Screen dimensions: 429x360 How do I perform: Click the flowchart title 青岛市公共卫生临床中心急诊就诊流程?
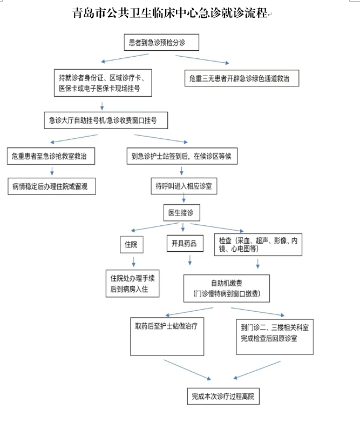(x=170, y=14)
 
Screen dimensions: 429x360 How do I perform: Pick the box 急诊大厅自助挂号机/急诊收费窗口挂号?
(x=106, y=120)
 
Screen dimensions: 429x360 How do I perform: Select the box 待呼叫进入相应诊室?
(x=184, y=186)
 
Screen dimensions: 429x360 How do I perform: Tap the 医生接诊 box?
(x=181, y=213)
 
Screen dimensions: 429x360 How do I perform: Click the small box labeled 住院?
(x=131, y=244)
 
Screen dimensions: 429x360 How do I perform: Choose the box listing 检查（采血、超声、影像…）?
(x=257, y=244)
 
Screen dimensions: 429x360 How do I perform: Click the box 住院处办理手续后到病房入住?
(x=133, y=284)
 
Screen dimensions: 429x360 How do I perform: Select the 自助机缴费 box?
(x=226, y=288)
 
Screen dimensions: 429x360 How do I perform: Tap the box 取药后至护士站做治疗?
(x=162, y=335)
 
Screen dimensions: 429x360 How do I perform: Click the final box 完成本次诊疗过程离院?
(x=222, y=396)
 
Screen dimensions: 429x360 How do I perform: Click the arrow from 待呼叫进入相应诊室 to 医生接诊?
(x=183, y=199)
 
